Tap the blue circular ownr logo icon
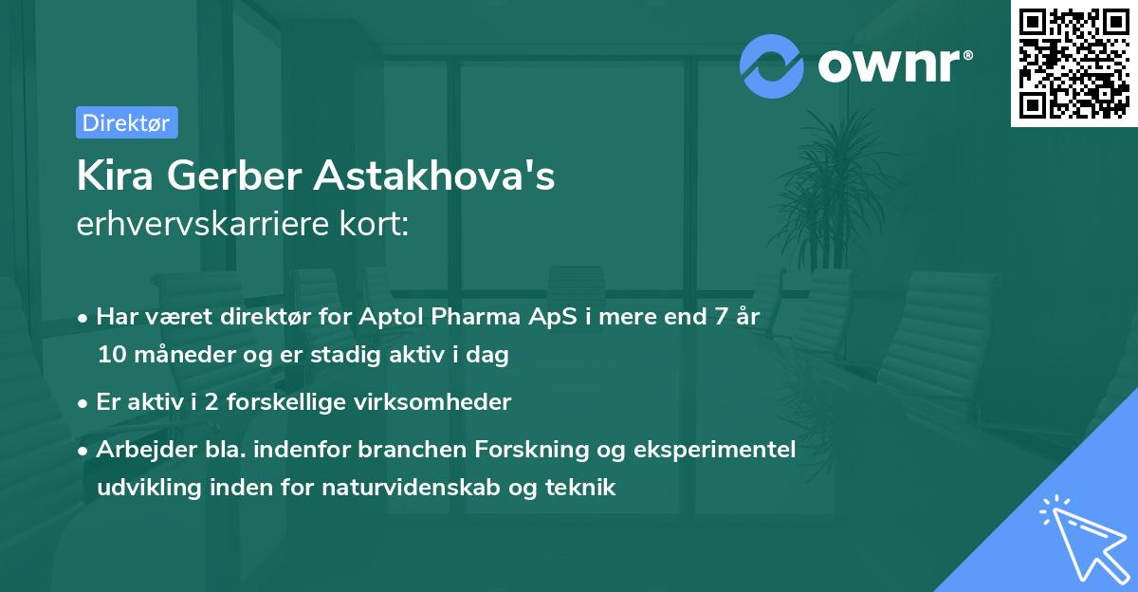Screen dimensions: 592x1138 (772, 65)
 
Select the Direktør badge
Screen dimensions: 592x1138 (126, 122)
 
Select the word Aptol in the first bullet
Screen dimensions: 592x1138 (390, 317)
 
